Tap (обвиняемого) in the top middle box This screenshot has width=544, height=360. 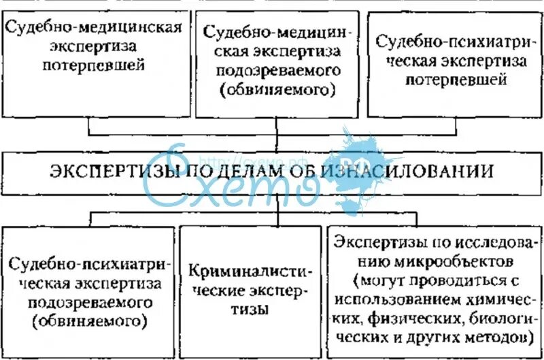pyautogui.click(x=276, y=88)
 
